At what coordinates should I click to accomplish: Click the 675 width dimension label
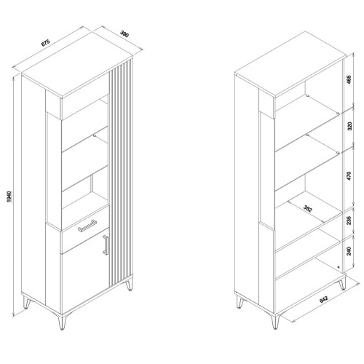tap(45, 42)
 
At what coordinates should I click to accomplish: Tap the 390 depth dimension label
tap(124, 34)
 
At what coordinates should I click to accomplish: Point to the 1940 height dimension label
tap(9, 197)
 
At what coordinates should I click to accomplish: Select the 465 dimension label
tap(349, 79)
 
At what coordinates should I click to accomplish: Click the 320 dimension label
tap(349, 126)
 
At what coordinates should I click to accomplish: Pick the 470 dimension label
tap(349, 176)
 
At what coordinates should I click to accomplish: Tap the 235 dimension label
tap(349, 221)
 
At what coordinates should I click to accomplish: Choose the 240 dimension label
tap(349, 250)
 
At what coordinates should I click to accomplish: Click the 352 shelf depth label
tap(308, 208)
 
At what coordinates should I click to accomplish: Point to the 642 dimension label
tap(324, 299)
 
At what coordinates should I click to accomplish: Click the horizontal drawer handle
tap(87, 226)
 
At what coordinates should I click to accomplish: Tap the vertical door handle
tap(106, 245)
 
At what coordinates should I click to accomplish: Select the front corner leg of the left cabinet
tap(63, 323)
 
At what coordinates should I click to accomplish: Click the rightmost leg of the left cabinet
tap(130, 284)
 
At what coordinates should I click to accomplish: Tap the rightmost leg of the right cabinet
tap(342, 283)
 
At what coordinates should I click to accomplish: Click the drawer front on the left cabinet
tap(85, 229)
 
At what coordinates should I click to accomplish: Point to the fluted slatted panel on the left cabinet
tap(121, 173)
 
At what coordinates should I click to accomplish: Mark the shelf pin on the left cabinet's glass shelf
tap(95, 135)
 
